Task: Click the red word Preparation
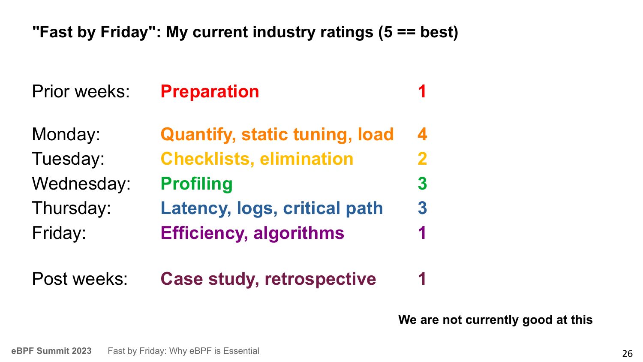pos(210,92)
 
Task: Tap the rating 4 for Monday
pos(422,134)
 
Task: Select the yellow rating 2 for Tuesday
pos(422,159)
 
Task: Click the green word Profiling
pos(197,184)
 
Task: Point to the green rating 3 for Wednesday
pos(422,183)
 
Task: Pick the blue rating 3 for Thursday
pos(422,208)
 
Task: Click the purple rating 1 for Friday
pos(422,233)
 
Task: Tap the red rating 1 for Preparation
pos(422,92)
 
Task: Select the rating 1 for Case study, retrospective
pos(422,279)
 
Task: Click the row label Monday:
pos(66,134)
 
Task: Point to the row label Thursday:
pos(72,208)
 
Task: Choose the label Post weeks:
pos(80,279)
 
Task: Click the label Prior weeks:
pos(81,92)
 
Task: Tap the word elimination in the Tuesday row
pos(306,159)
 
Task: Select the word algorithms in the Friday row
pos(299,233)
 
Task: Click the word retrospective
pos(320,279)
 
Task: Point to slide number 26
pos(628,353)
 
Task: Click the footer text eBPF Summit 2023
pos(51,351)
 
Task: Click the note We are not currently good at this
pos(496,320)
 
